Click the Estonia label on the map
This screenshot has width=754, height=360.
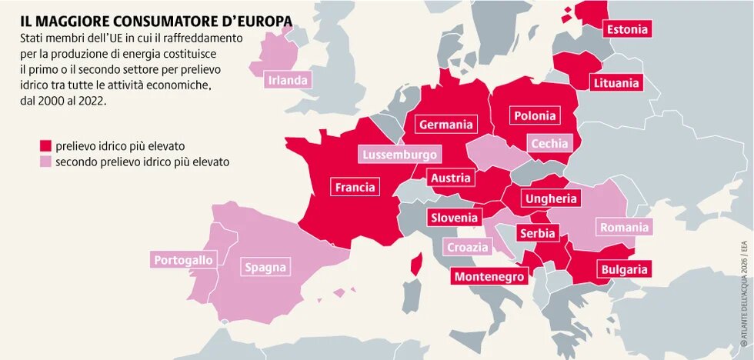tap(627, 30)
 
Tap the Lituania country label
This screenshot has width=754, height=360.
tap(616, 82)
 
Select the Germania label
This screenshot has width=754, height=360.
tap(445, 124)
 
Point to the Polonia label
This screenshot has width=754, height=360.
tap(535, 115)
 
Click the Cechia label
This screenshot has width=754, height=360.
tap(549, 143)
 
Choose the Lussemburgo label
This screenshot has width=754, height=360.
tap(400, 155)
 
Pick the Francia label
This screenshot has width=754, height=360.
tap(355, 187)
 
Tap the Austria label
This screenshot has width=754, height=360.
tap(450, 178)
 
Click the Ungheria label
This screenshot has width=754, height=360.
tap(550, 198)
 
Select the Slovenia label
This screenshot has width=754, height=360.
tap(454, 218)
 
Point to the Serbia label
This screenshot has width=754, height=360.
tap(537, 233)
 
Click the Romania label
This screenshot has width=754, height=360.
tap(624, 227)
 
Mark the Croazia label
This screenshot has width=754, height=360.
tap(468, 247)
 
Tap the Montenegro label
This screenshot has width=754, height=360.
tap(489, 276)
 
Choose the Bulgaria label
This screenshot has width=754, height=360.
tap(624, 269)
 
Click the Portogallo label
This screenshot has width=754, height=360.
tap(183, 260)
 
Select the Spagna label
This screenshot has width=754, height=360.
tap(265, 268)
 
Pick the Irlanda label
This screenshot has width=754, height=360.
tap(289, 79)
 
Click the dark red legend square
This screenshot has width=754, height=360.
tap(45, 145)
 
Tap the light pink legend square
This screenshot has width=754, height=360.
tap(45, 162)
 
